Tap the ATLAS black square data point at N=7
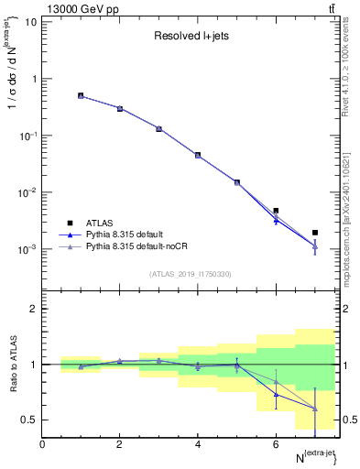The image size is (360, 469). pyautogui.click(x=315, y=233)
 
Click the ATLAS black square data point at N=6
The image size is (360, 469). pyautogui.click(x=276, y=211)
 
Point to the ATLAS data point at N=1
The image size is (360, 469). pyautogui.click(x=81, y=95)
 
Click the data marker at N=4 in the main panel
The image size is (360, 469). pyautogui.click(x=198, y=155)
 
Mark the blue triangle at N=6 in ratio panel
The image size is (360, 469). pyautogui.click(x=276, y=395)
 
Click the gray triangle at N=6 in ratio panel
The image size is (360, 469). pyautogui.click(x=276, y=382)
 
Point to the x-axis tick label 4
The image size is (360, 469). pyautogui.click(x=198, y=444)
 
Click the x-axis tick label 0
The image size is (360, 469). pyautogui.click(x=42, y=444)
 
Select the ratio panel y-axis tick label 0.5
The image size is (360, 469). pyautogui.click(x=29, y=420)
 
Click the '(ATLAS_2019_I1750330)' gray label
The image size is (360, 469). pyautogui.click(x=191, y=274)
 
